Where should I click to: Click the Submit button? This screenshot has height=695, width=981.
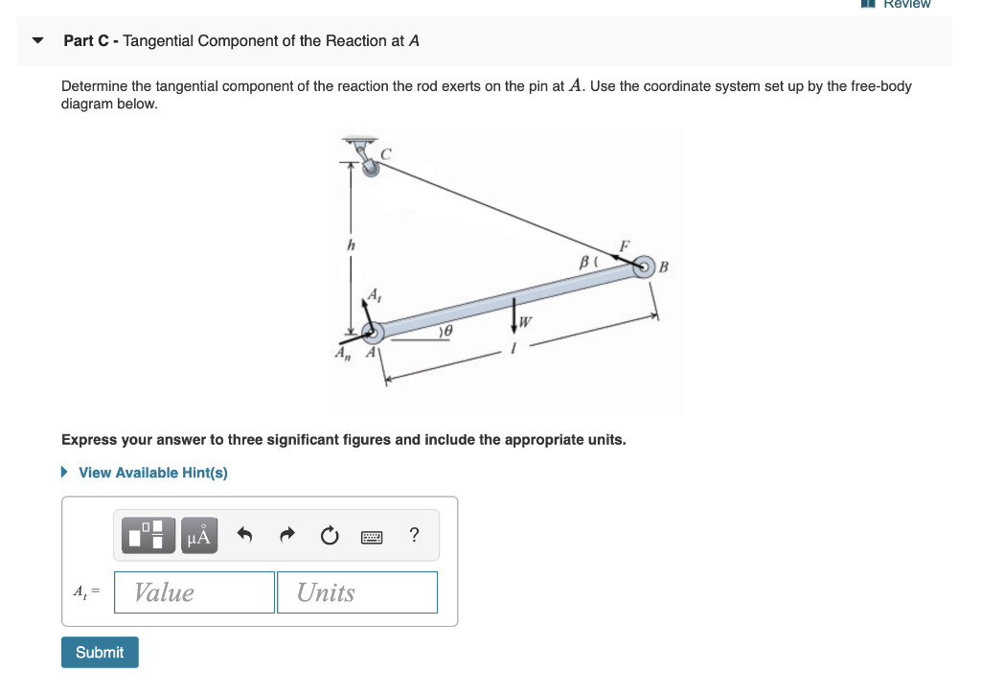coord(100,652)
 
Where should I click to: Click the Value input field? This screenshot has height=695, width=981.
coord(194,592)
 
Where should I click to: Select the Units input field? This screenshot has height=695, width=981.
coord(356,592)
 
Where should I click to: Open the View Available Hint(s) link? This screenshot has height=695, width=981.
coord(152,473)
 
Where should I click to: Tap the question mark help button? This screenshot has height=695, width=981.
coord(414,535)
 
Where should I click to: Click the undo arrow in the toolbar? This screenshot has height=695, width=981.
coord(245,535)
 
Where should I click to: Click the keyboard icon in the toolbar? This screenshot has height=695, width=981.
coord(373,536)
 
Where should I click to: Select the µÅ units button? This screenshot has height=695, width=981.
coord(197,535)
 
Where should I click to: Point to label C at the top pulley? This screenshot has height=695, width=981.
coord(387,153)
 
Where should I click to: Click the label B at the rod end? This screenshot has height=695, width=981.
coord(664,266)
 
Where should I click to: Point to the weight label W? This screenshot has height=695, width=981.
coord(526,320)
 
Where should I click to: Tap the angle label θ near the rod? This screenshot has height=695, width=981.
coord(446,330)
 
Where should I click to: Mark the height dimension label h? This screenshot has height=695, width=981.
coord(351,245)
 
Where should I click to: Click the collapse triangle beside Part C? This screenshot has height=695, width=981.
coord(38,41)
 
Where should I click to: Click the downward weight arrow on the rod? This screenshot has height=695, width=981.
coord(515,313)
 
